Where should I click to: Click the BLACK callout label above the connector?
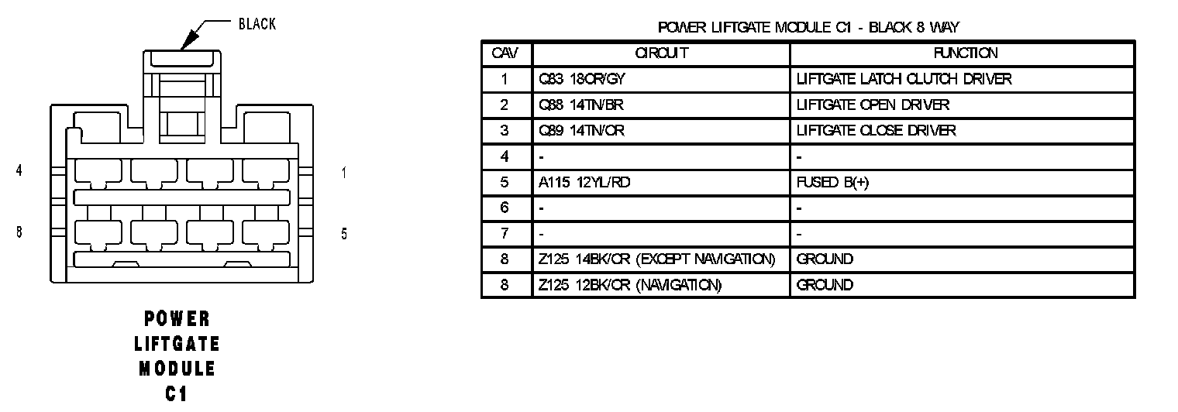(257, 24)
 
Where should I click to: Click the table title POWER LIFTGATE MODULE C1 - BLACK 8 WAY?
(808, 28)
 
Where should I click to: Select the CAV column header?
(505, 53)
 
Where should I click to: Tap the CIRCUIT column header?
(661, 53)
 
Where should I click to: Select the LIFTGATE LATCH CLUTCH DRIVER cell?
(904, 79)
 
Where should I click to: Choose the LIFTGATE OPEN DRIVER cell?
(873, 105)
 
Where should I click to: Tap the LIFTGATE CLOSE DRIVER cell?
(876, 131)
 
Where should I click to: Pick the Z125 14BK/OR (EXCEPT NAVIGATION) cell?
(656, 259)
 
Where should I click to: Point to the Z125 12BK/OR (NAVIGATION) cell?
(630, 285)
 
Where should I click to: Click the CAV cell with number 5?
(505, 183)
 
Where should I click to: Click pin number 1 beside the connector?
(343, 173)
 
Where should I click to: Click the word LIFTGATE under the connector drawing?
(177, 343)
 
